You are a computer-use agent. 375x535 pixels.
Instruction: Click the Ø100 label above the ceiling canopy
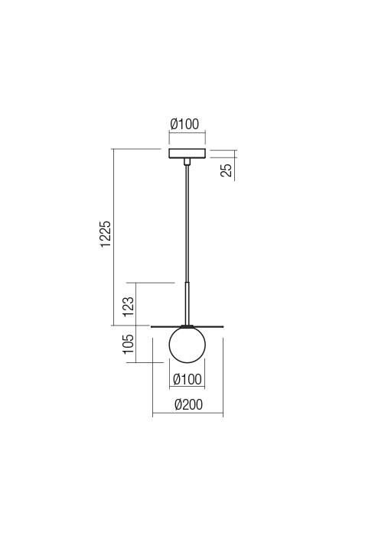[x=187, y=125]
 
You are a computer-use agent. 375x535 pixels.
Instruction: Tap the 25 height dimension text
[x=227, y=169]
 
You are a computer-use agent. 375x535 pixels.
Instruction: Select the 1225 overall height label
[x=106, y=235]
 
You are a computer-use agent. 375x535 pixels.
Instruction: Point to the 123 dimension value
[x=129, y=306]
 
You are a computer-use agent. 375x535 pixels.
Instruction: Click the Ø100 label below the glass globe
[x=187, y=379]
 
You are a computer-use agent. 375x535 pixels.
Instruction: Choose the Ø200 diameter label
[x=187, y=405]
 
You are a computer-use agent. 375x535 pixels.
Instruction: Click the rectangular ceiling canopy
[x=187, y=154]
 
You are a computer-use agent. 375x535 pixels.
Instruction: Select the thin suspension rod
[x=187, y=222]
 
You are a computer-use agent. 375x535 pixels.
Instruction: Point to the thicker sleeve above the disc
[x=187, y=302]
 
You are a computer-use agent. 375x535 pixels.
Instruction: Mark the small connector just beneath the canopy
[x=187, y=162]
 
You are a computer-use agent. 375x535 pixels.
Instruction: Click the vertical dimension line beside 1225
[x=113, y=237]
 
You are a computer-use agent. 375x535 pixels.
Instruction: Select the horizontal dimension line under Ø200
[x=187, y=416]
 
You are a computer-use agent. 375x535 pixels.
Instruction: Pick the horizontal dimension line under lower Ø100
[x=187, y=389]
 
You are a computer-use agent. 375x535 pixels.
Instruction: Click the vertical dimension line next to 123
[x=135, y=304]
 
